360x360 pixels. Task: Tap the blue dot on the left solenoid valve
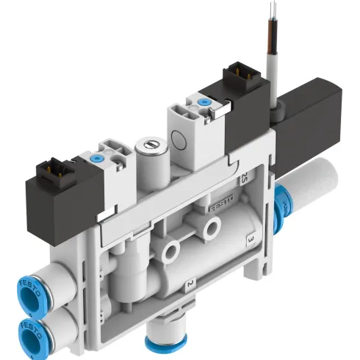pyautogui.click(x=96, y=156)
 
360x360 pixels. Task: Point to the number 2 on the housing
pyautogui.click(x=190, y=283)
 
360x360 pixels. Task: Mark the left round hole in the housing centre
pyautogui.click(x=174, y=251)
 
